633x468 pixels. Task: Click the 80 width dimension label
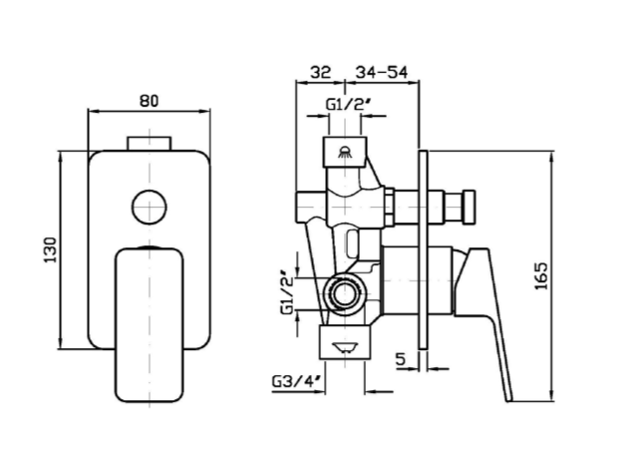149,101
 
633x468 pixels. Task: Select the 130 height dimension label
51,249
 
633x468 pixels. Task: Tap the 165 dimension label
541,276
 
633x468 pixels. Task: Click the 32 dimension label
321,72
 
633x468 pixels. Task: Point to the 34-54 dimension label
382,72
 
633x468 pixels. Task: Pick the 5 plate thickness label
400,359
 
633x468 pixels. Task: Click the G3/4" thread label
296,381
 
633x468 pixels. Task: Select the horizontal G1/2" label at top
348,105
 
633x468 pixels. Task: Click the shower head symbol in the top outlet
345,152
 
